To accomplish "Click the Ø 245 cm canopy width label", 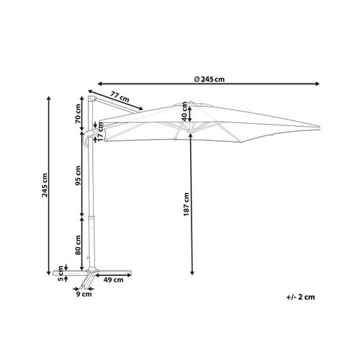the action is (210, 79).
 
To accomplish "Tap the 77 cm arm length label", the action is (120, 96).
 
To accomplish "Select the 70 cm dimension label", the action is (78, 113).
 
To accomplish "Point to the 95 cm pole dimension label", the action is (78, 176).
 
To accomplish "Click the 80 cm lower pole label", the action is (78, 245).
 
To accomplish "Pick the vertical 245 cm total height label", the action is (45, 185).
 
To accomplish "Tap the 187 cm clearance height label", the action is (186, 204).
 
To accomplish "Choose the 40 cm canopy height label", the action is (184, 112).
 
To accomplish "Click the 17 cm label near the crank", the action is (101, 131).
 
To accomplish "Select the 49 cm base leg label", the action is (113, 279).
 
